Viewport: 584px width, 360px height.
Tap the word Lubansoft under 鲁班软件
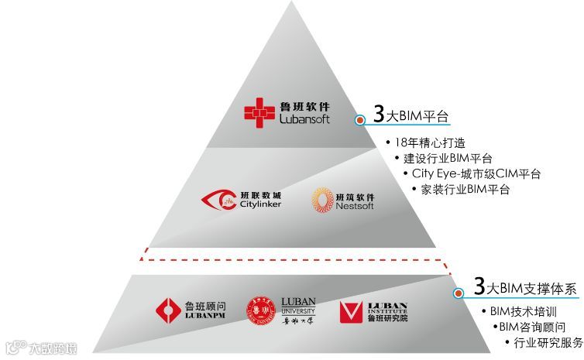(304, 119)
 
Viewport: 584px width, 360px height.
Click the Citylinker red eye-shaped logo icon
(218, 200)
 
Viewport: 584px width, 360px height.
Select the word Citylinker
(260, 204)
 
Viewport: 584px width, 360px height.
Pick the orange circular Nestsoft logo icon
(322, 200)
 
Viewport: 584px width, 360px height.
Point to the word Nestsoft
(356, 206)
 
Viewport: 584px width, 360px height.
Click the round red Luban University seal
(261, 311)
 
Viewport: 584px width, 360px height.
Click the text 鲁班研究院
(387, 317)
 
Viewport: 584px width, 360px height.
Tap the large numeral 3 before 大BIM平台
(379, 114)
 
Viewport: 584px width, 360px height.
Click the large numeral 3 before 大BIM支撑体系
(479, 287)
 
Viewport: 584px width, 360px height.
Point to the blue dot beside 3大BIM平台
(359, 120)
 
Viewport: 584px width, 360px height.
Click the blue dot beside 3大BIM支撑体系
(459, 293)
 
